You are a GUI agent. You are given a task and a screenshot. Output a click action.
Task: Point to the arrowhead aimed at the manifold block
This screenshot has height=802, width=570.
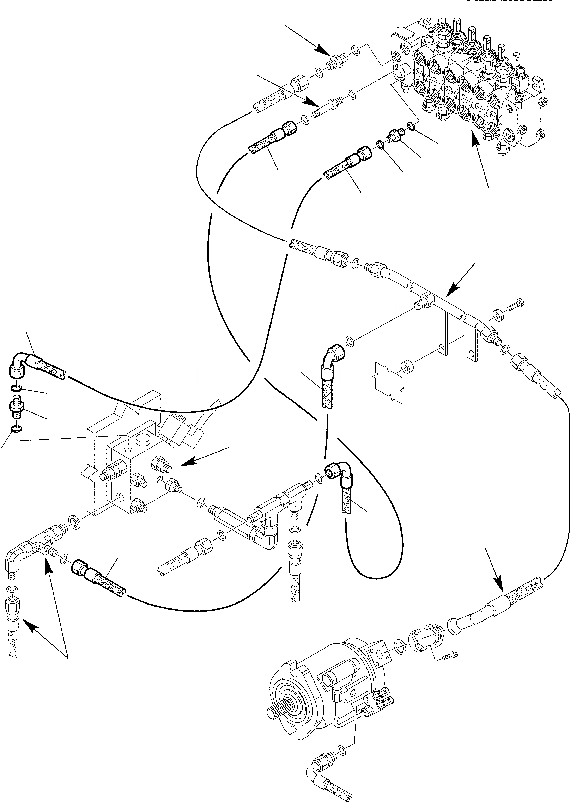tap(188, 464)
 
